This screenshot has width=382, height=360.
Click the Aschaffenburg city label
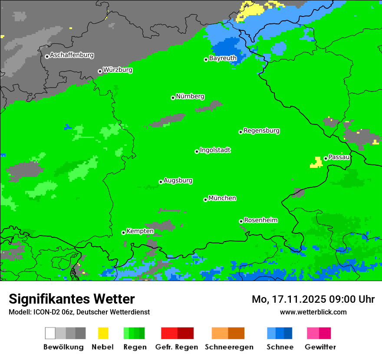click(x=72, y=56)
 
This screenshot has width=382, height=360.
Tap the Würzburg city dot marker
click(x=100, y=71)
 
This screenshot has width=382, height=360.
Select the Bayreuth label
click(x=223, y=58)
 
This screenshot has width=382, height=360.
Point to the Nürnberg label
click(x=190, y=97)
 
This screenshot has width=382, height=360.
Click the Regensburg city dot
click(x=240, y=132)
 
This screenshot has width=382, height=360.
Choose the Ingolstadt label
click(x=215, y=151)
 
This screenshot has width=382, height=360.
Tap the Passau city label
click(x=339, y=157)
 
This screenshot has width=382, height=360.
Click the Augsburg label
click(x=178, y=181)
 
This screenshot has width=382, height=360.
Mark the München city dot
click(x=205, y=200)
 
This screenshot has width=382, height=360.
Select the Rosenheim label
click(x=260, y=220)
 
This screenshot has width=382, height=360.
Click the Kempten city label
click(x=140, y=231)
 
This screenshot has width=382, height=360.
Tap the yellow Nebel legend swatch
click(x=103, y=333)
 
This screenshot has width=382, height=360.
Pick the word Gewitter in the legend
click(x=320, y=347)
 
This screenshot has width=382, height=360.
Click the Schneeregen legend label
click(x=229, y=347)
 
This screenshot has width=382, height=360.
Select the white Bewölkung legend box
click(x=50, y=333)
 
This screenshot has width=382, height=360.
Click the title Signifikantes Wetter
click(x=72, y=299)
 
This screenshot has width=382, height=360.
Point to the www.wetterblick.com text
click(x=313, y=312)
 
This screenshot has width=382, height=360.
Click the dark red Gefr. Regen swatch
click(x=185, y=333)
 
